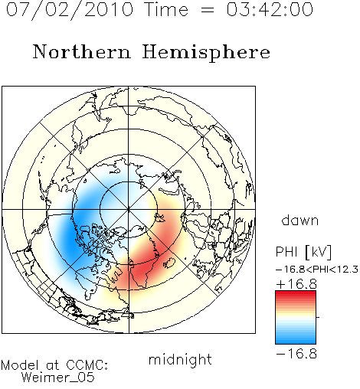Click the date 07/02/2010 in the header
(70, 10)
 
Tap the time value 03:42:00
(270, 10)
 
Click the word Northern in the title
(81, 52)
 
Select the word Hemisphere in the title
(206, 53)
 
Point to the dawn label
(300, 220)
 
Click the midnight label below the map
(180, 360)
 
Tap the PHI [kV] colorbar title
(303, 252)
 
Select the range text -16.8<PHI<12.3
(317, 270)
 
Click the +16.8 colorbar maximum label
(296, 284)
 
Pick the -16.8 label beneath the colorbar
(296, 354)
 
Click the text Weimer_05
(58, 378)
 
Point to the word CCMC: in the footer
(87, 365)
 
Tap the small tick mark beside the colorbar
(318, 317)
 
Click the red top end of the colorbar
(296, 293)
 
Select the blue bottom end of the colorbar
(296, 342)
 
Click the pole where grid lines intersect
(129, 209)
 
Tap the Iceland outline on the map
(169, 263)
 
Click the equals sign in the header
(207, 10)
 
